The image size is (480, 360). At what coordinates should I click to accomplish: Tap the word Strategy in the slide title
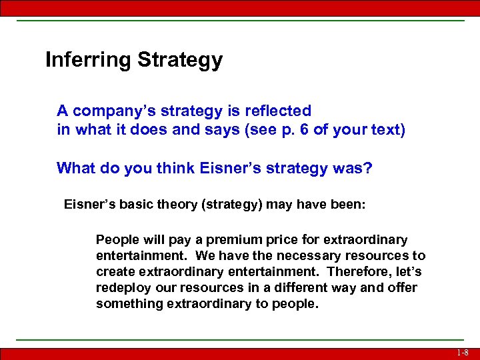(180, 61)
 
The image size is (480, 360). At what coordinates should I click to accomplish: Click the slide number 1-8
(463, 353)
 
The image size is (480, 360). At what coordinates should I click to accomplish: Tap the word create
(114, 272)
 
